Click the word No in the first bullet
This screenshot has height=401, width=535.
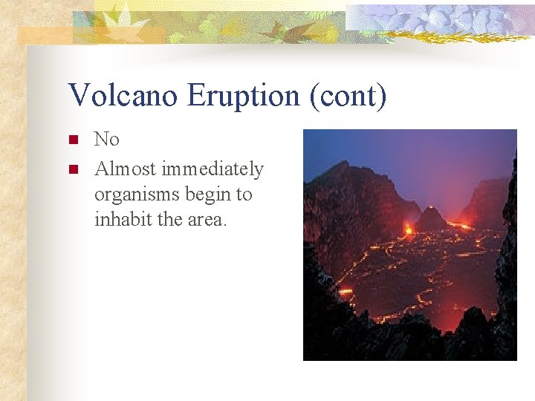click(x=106, y=140)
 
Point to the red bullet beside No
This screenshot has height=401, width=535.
click(x=72, y=140)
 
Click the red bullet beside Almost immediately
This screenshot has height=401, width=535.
click(x=72, y=169)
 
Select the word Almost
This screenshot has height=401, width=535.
click(x=125, y=169)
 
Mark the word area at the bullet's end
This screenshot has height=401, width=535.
click(x=206, y=221)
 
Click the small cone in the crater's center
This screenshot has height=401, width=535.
click(x=431, y=218)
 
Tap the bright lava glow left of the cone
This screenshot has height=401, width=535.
click(x=408, y=230)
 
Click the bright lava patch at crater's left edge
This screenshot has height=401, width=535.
click(x=345, y=290)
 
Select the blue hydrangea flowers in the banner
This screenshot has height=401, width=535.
click(x=446, y=19)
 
